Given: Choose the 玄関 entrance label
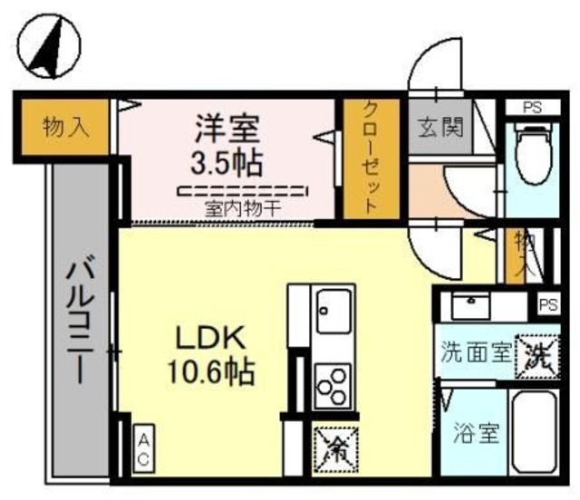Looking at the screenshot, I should click(x=440, y=127).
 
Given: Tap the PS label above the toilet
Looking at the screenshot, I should click(x=532, y=107).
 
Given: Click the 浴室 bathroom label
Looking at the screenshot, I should click(x=476, y=433).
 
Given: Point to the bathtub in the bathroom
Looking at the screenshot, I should click(x=533, y=433).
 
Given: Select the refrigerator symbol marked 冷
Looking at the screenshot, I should click(x=335, y=446).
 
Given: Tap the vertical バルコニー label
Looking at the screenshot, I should click(x=78, y=322).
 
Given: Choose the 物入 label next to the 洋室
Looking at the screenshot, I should click(x=66, y=128).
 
